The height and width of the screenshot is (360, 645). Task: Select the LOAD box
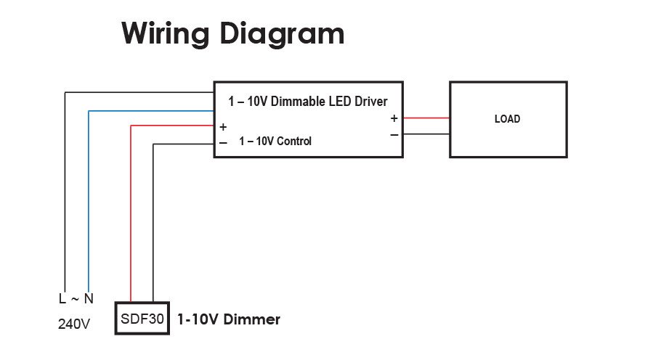[x=508, y=119]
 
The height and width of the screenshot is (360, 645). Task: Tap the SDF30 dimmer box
[x=142, y=319]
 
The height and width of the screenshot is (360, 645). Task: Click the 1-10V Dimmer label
[x=229, y=319]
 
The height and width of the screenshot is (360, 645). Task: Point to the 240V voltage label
[x=73, y=324]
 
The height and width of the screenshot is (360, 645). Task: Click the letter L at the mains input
[x=62, y=298]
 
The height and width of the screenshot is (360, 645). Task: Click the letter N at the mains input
[x=89, y=298]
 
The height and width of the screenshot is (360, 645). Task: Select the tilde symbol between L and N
[x=75, y=298]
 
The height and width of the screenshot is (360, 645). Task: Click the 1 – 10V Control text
[x=275, y=142]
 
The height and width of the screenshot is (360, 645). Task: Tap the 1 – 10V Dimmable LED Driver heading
[x=308, y=102]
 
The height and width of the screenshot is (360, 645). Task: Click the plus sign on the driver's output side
[x=394, y=118]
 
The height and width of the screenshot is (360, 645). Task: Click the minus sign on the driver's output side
[x=394, y=134]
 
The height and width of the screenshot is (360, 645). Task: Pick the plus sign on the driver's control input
[x=223, y=127]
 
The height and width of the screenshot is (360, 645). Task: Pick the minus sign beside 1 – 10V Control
[x=223, y=142]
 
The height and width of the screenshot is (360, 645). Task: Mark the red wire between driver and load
[x=426, y=118]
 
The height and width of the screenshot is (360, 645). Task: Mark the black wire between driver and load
[x=426, y=134]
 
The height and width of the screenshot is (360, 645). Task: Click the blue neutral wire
[x=89, y=203]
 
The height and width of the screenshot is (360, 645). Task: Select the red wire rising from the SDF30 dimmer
[x=131, y=218]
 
